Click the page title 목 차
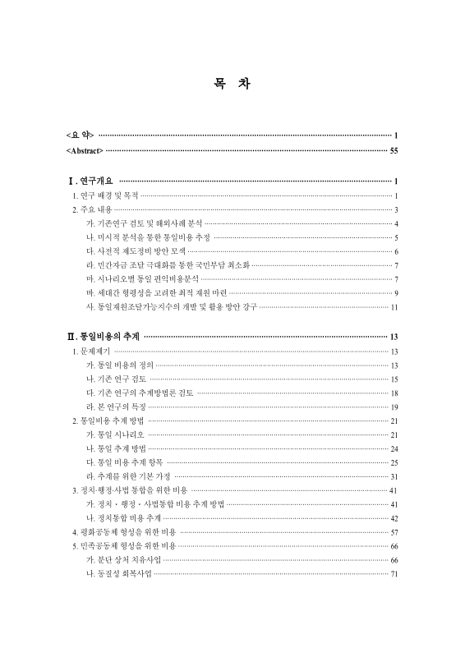tap(232, 84)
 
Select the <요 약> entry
tap(80, 135)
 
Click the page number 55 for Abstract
tap(394, 151)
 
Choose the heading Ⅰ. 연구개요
tap(90, 181)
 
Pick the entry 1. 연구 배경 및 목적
tap(106, 195)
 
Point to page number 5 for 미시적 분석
tap(396, 237)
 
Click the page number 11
tap(394, 307)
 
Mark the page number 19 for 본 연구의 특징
tap(394, 407)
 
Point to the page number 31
tap(394, 476)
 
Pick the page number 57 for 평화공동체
tap(394, 532)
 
